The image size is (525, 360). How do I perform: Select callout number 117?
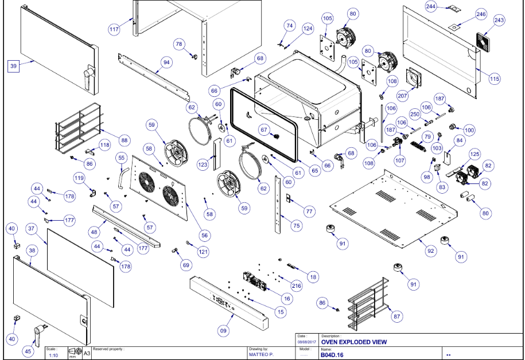click(114, 28)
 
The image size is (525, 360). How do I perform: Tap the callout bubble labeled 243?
click(499, 20)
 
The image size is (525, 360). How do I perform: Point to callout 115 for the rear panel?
click(495, 80)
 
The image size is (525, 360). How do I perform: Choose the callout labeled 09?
click(223, 330)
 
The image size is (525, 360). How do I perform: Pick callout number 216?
click(296, 285)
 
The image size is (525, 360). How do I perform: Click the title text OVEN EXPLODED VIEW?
click(354, 342)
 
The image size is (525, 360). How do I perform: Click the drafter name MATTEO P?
click(261, 355)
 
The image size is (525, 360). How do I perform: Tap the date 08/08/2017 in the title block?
click(303, 342)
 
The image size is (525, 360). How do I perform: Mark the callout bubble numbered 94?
click(166, 61)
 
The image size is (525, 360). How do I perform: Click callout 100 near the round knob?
click(469, 130)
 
